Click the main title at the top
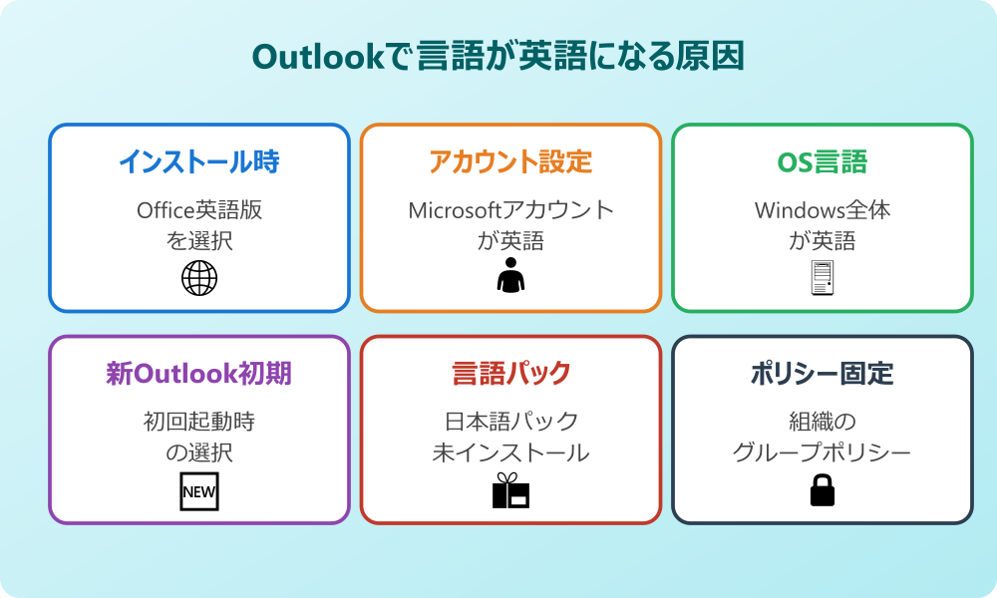498,57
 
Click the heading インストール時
198,161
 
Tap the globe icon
198,278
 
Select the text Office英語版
198,210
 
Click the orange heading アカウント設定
510,161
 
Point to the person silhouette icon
510,276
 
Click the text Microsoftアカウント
510,210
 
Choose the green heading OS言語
822,161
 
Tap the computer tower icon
822,277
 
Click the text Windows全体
822,210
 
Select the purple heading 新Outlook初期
198,374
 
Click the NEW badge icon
198,491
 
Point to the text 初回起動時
198,422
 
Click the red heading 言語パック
510,374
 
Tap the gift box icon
510,490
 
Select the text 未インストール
510,452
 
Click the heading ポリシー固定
822,374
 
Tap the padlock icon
822,489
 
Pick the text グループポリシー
822,452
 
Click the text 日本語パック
510,422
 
